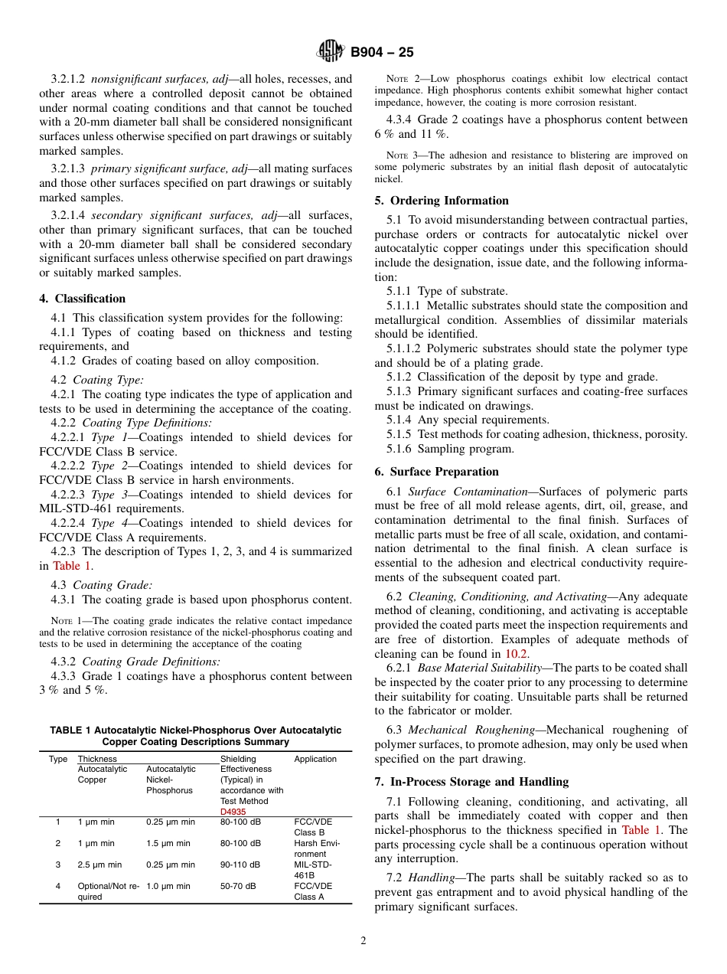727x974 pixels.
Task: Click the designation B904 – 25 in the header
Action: (x=382, y=52)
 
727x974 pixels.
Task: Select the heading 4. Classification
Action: (x=83, y=299)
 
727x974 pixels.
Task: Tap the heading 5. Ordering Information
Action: (x=442, y=201)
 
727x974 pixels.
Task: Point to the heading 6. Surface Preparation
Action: (x=436, y=472)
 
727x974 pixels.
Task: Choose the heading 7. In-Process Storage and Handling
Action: (x=471, y=782)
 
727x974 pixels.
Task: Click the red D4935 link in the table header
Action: (x=233, y=812)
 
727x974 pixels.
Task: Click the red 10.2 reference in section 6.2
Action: (x=516, y=654)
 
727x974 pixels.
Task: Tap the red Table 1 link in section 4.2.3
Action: (x=72, y=566)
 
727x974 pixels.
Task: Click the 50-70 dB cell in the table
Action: (x=238, y=886)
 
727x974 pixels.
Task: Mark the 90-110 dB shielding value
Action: (x=240, y=865)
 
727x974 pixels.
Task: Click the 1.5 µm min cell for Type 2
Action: (x=168, y=843)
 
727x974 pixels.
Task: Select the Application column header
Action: (x=315, y=759)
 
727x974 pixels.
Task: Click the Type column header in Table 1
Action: (x=58, y=759)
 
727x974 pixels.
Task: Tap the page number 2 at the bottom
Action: (x=363, y=941)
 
